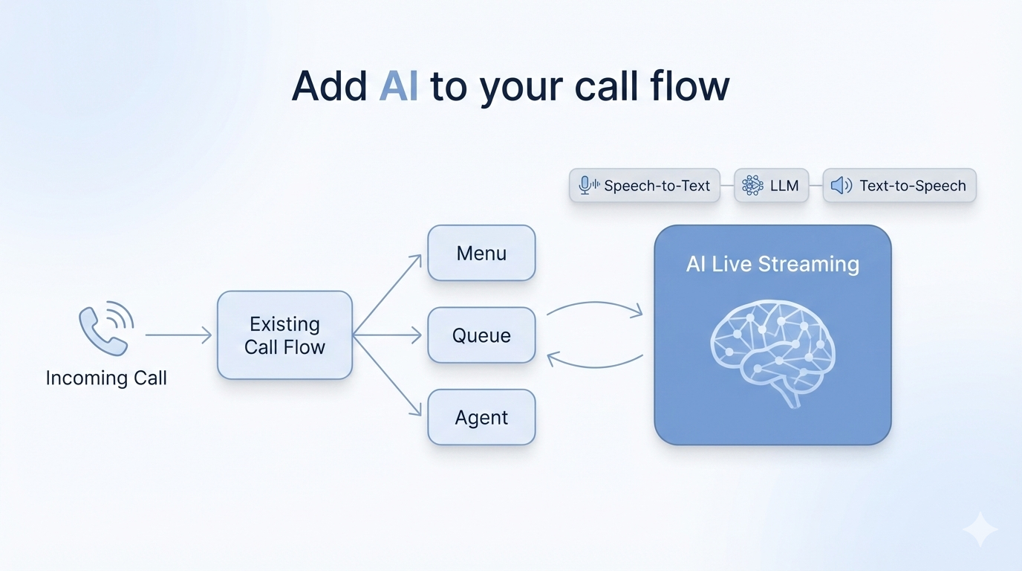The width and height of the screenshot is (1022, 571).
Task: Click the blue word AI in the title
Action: point(398,86)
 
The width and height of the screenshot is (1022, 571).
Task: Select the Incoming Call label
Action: point(106,378)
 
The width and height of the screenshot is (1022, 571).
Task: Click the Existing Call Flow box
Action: point(284,335)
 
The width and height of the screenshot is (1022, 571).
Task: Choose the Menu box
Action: point(481,253)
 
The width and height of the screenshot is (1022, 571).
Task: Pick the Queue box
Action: point(481,335)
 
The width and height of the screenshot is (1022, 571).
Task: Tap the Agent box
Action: point(481,417)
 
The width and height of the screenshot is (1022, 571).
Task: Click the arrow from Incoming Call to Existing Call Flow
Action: point(178,335)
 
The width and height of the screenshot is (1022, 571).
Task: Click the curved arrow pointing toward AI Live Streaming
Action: point(594,306)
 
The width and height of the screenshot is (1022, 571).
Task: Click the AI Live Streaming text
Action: point(772,264)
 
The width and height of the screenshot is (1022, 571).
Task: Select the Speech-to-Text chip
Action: point(645,186)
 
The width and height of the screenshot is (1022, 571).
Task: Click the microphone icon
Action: point(586,186)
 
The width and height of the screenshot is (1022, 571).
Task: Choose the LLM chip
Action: point(771,186)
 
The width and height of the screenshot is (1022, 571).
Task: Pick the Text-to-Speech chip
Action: point(899,186)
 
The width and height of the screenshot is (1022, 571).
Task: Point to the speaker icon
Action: point(841,186)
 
